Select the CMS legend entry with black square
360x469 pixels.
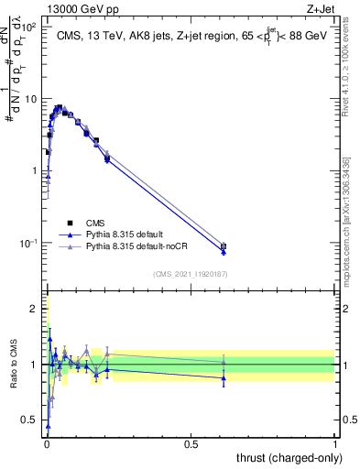coord(95,223)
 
